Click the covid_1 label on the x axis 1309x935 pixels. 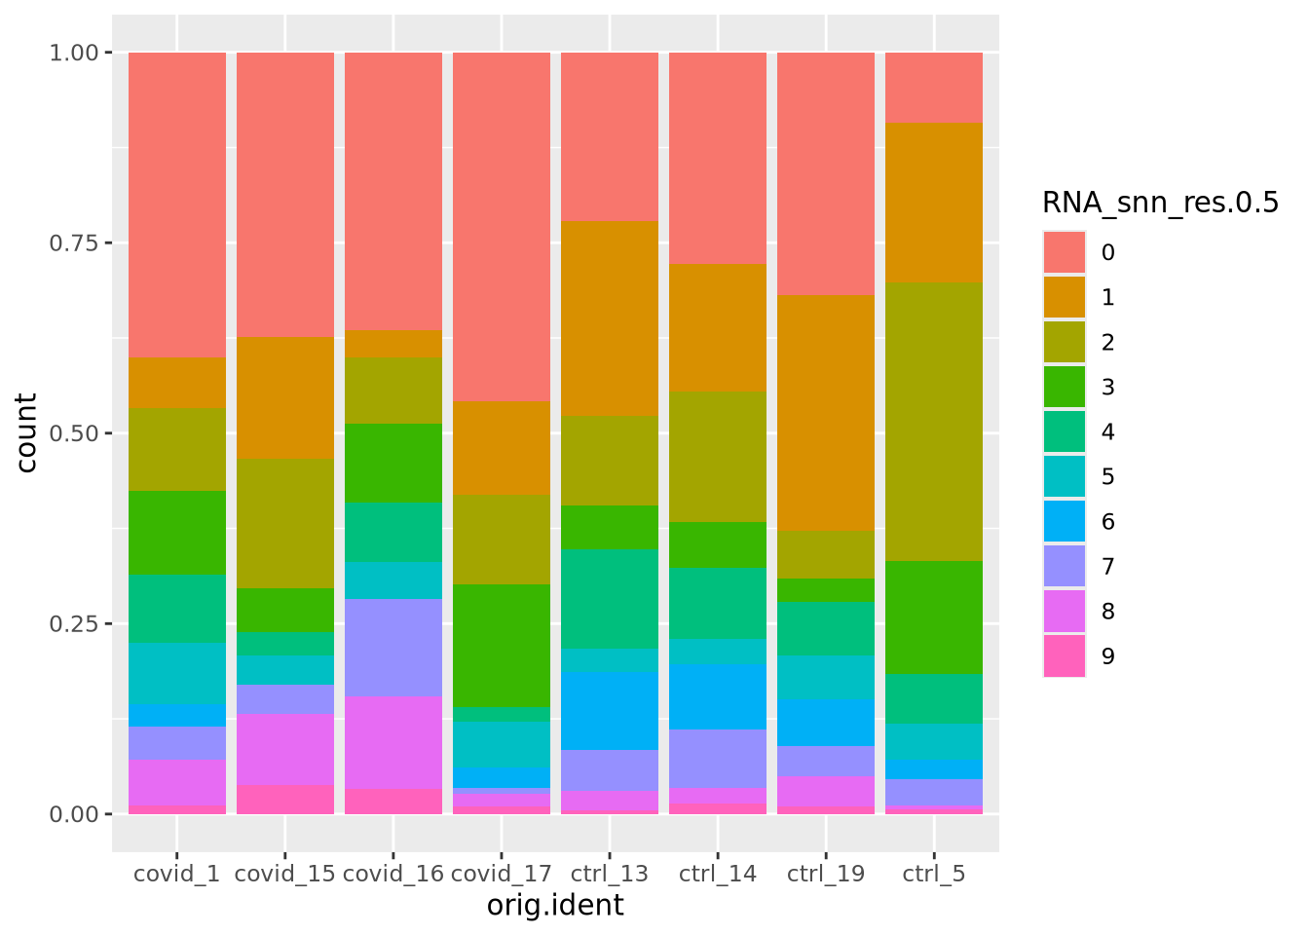[x=176, y=874]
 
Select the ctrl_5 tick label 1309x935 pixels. [x=934, y=874]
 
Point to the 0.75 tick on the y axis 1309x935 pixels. [x=74, y=243]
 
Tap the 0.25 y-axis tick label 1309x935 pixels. [x=74, y=623]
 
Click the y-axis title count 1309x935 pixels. [x=27, y=432]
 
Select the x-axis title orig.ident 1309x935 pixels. [x=555, y=906]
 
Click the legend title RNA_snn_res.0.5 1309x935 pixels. [x=1159, y=203]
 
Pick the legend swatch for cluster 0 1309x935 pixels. [x=1065, y=252]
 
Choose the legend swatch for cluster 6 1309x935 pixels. [x=1065, y=521]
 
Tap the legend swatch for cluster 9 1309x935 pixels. [x=1065, y=655]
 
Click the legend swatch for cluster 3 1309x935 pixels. [x=1065, y=387]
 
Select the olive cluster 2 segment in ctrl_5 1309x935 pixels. [x=934, y=422]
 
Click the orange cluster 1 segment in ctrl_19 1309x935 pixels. [x=826, y=413]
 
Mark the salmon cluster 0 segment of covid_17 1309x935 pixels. [x=502, y=226]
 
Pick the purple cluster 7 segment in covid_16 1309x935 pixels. [x=393, y=648]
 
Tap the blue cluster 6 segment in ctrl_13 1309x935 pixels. [x=610, y=710]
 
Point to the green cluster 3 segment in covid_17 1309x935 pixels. [x=502, y=645]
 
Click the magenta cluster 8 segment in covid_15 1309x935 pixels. [x=285, y=749]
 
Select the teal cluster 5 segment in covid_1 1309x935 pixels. [x=177, y=673]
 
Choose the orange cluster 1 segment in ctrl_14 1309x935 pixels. [x=718, y=327]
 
